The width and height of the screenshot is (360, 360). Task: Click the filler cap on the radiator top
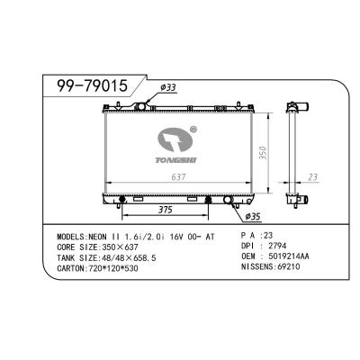tap(140, 105)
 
